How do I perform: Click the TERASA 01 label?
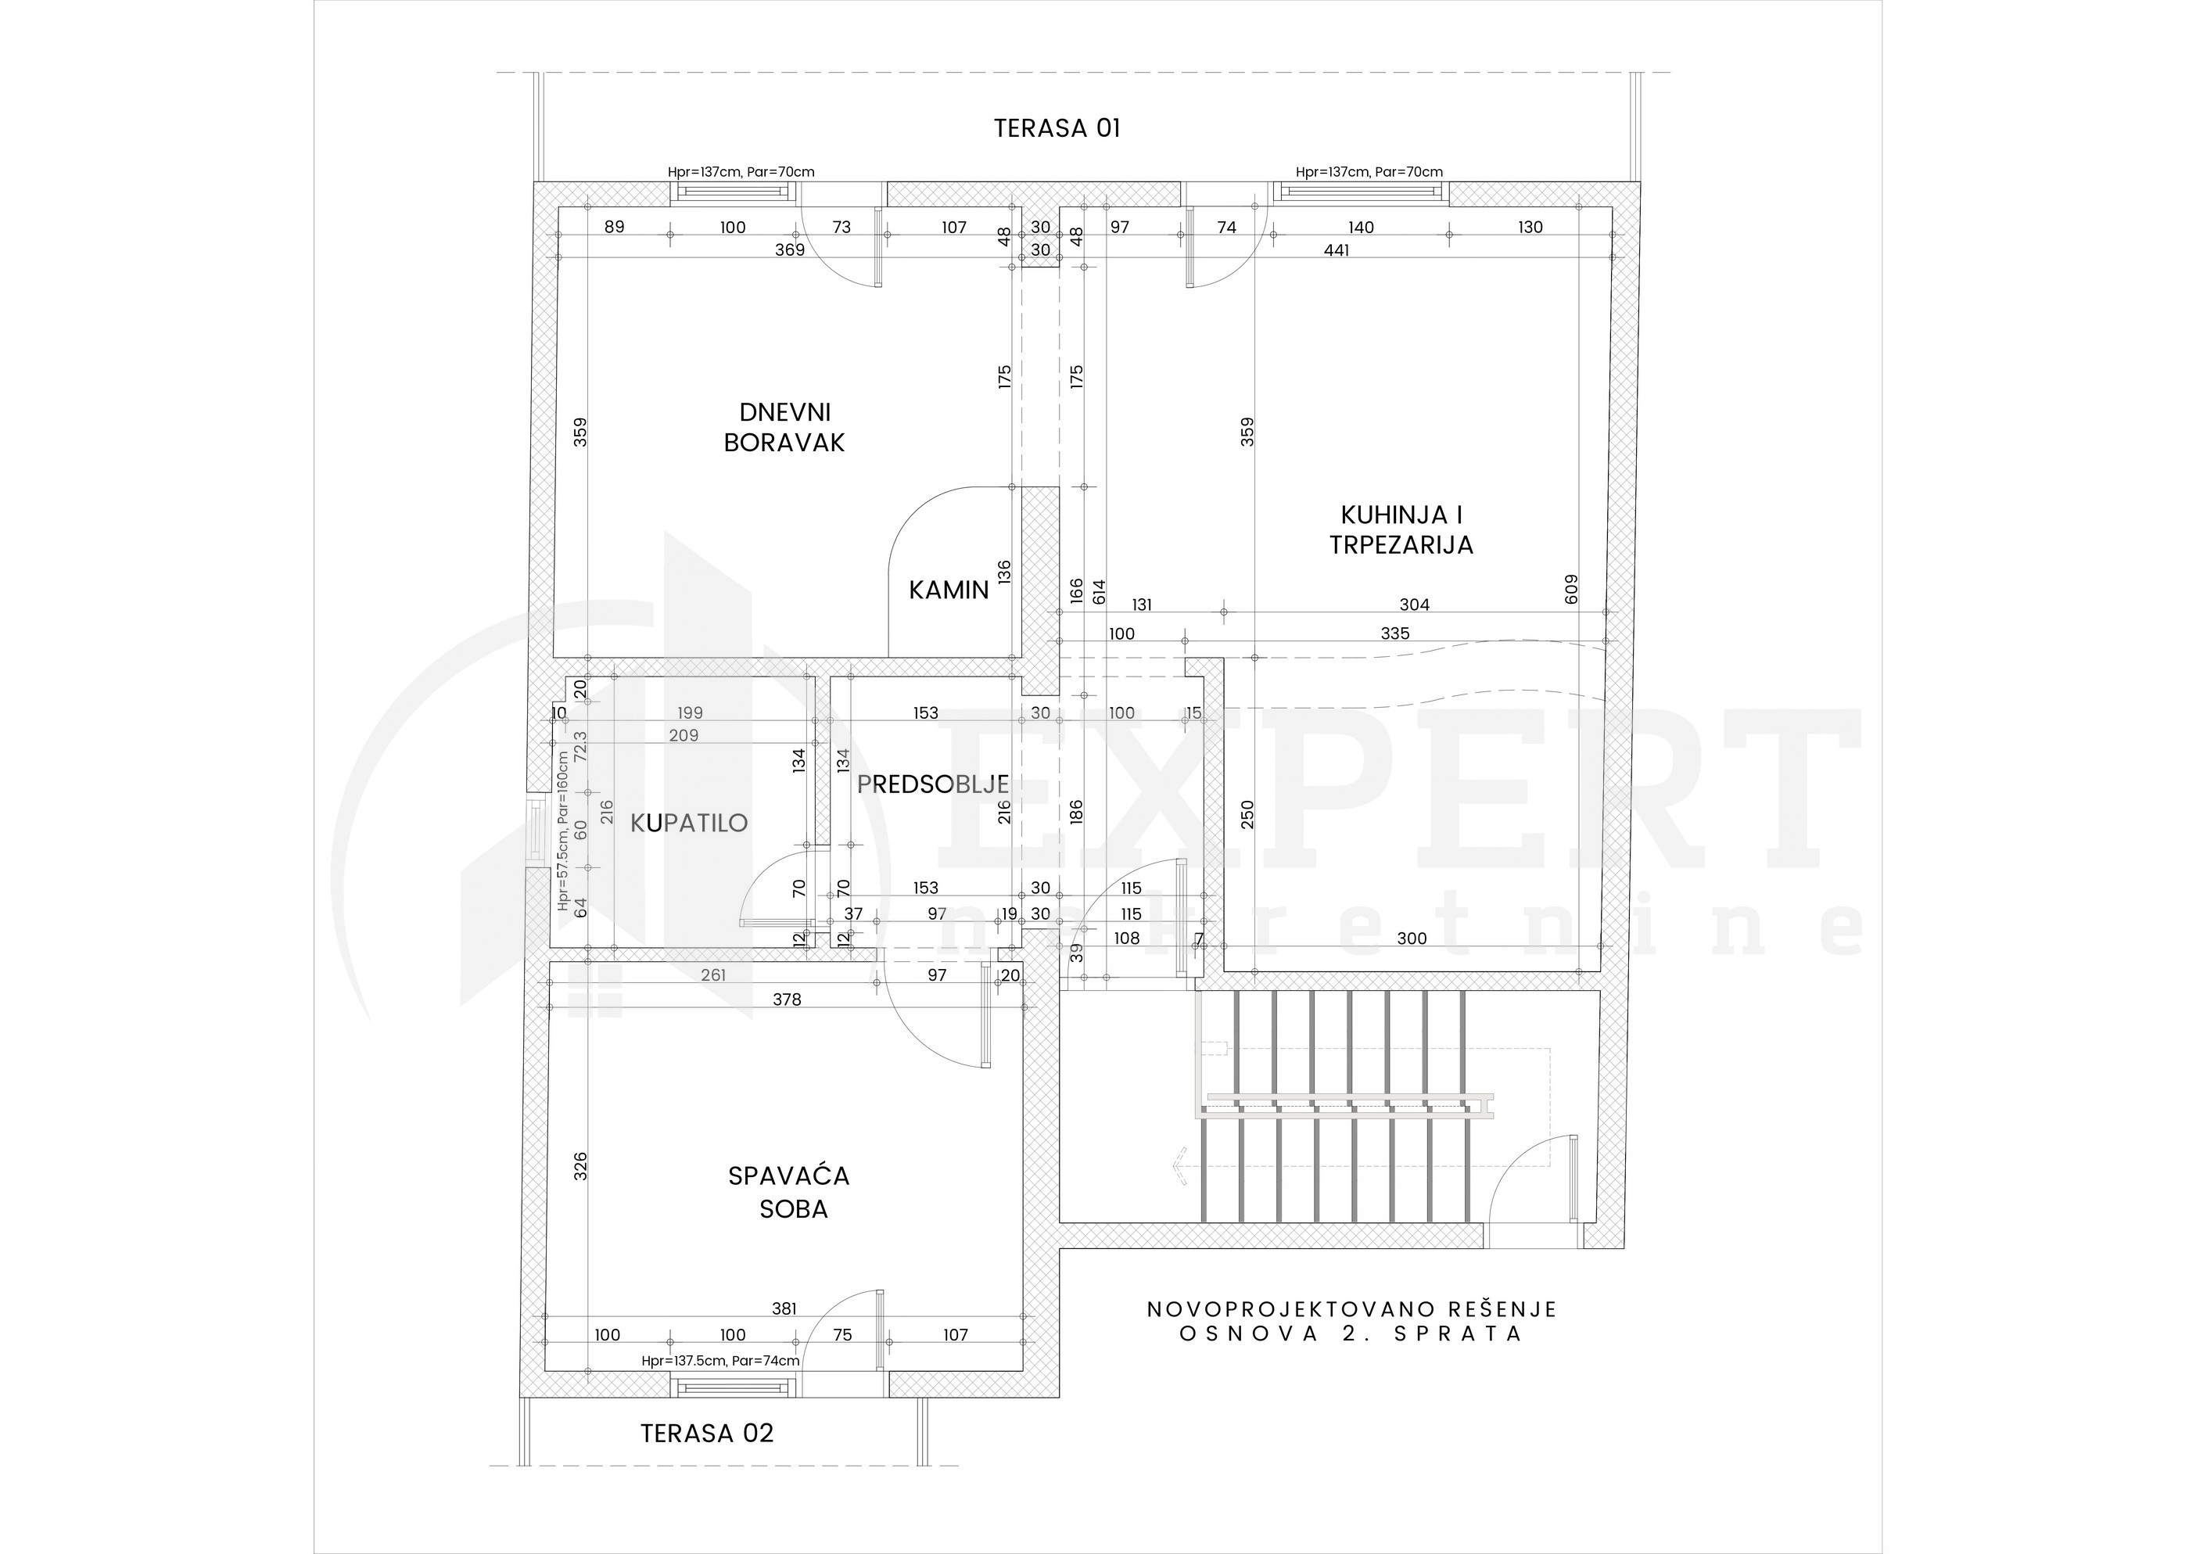1057,128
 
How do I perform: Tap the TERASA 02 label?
706,1434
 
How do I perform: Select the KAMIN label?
949,590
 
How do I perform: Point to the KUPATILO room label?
689,823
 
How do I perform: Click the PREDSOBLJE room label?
933,784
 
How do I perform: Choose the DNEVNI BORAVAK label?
784,428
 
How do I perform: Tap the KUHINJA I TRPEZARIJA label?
1401,530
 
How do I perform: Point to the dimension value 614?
1099,591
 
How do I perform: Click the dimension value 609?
1571,588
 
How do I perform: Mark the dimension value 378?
787,1000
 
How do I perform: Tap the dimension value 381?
784,1309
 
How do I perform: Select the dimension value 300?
1412,939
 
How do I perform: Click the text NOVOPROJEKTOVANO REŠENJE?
1352,1309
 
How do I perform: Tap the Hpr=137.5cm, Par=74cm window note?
720,1361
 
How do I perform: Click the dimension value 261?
713,975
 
